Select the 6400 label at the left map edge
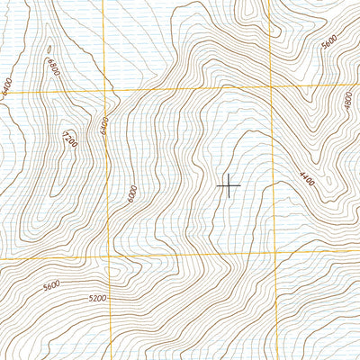coord(6,86)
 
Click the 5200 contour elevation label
coord(97,298)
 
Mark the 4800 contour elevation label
coord(347,99)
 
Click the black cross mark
coord(229,185)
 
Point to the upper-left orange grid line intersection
coord(105,92)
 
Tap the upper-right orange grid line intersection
coord(271,87)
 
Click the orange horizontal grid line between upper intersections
coord(189,90)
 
